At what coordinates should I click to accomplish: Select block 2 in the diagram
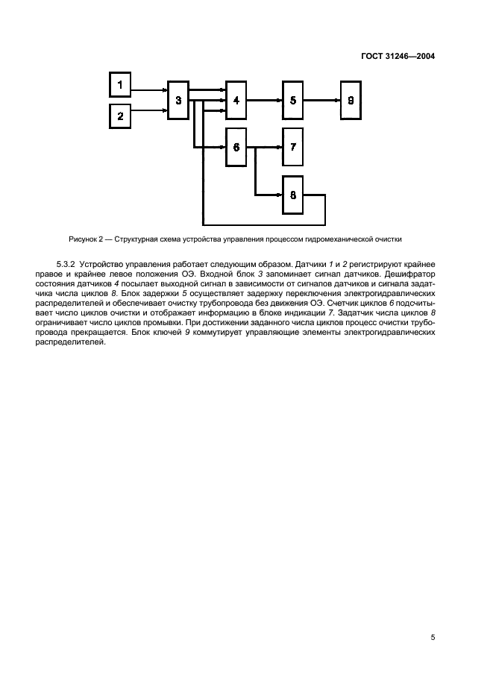[120, 116]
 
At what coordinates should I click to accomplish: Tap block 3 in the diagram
[178, 100]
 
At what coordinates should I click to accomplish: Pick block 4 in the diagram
[236, 100]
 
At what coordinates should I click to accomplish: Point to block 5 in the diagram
[293, 100]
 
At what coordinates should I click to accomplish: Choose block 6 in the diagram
[236, 148]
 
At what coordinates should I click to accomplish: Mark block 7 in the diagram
[293, 148]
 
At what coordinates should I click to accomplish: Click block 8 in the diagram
[293, 195]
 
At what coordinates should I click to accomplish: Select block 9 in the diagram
[351, 100]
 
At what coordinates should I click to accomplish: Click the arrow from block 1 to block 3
[149, 90]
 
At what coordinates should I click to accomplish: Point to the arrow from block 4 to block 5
[264, 100]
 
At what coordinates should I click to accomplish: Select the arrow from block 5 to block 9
[322, 100]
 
